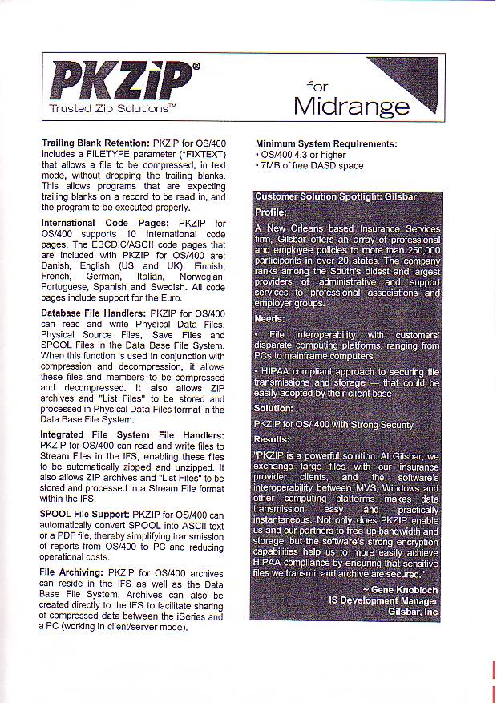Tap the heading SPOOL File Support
(85, 514)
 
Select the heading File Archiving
(71, 572)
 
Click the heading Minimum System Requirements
(326, 144)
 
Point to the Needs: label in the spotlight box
(269, 318)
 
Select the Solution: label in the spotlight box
(274, 409)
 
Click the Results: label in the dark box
(273, 439)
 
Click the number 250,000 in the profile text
(418, 251)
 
